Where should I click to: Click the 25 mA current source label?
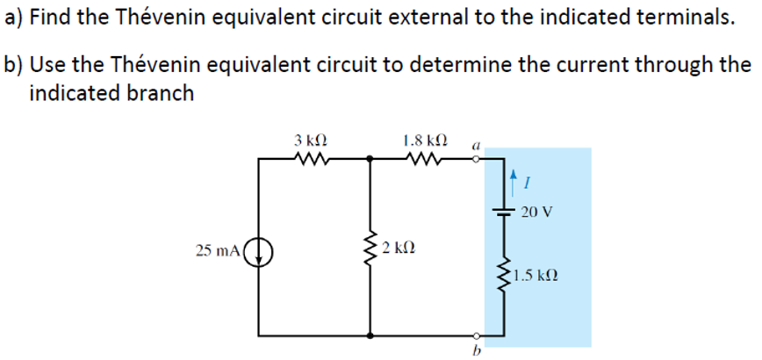coord(215,252)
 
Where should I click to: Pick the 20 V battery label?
coord(536,212)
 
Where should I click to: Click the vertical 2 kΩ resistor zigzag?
coord(370,250)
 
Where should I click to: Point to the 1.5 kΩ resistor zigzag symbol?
coord(504,276)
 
